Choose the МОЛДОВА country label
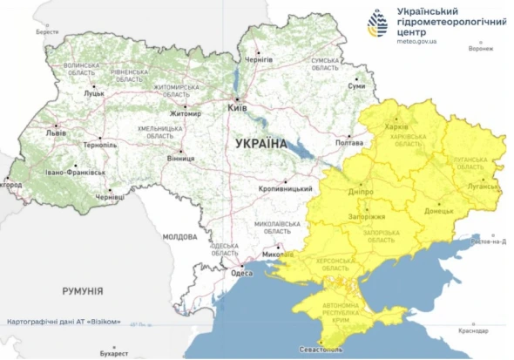[x=180, y=236]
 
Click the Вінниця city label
[x=180, y=160]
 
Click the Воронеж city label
[x=480, y=49]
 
